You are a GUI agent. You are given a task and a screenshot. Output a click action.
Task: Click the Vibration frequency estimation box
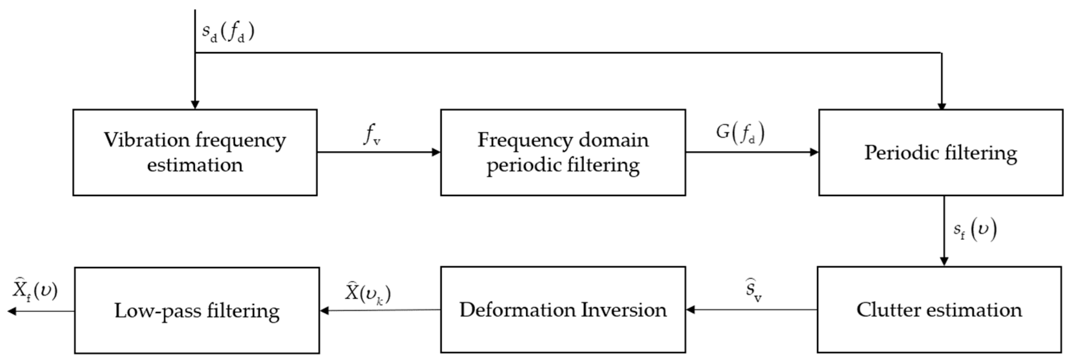pos(195,152)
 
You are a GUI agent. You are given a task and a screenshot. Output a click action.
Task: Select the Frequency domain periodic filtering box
pos(563,152)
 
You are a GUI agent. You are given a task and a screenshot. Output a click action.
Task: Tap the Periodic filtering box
pos(940,152)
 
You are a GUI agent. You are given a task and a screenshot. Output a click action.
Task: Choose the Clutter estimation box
pos(939,310)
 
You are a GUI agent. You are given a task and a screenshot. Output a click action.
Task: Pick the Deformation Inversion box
pos(563,310)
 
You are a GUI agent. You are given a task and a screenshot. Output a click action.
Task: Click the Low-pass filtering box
pos(197,310)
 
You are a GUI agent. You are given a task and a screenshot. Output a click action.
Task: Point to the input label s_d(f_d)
pos(228,32)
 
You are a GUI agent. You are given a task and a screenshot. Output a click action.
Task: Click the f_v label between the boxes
pos(371,134)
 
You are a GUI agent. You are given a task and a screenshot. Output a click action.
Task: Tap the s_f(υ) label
pos(975,230)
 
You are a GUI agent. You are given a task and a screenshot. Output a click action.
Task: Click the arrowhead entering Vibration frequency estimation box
pos(195,104)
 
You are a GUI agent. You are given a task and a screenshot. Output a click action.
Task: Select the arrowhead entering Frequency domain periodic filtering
pos(436,152)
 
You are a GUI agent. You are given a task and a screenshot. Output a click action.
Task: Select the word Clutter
pos(886,310)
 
